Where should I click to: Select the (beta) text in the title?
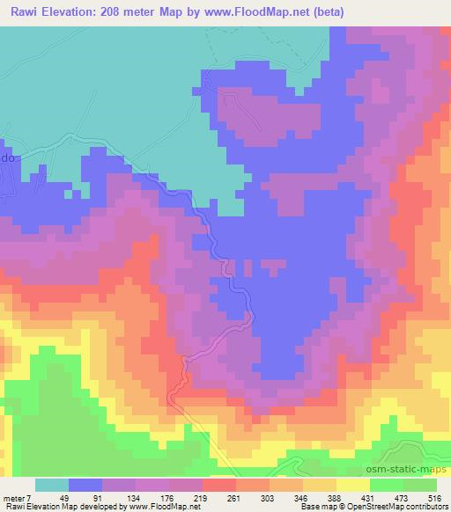pos(324,12)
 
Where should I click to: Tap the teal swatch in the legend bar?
pos(52,485)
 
